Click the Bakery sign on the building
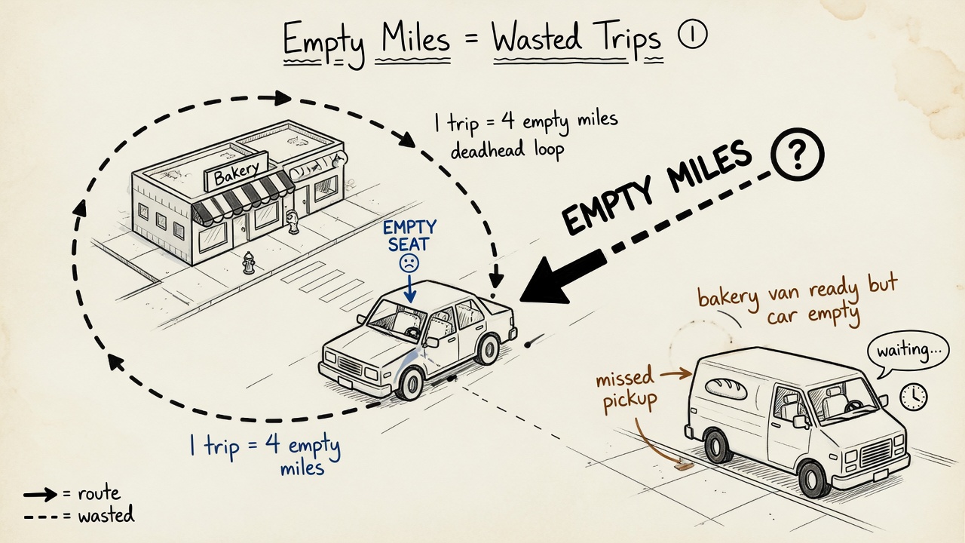point(236,171)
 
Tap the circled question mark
point(797,155)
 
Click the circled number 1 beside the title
point(692,35)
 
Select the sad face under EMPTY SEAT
point(409,263)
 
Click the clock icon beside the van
point(913,397)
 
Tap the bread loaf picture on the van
point(726,388)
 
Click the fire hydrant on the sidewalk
point(249,262)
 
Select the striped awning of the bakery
point(243,198)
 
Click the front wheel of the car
point(410,384)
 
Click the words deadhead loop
point(507,150)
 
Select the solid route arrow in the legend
point(40,495)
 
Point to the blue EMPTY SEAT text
point(409,236)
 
